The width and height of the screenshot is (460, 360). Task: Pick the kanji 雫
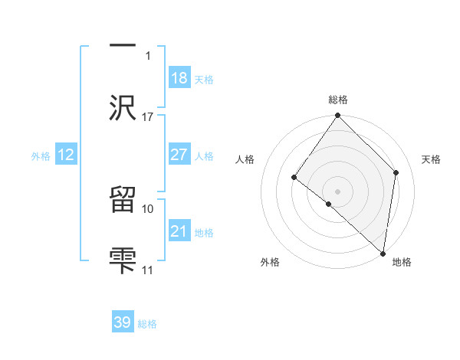tap(123, 259)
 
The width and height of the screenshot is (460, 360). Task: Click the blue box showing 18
tap(179, 77)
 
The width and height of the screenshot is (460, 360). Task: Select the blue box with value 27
tap(179, 154)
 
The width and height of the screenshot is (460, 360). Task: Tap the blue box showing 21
tap(179, 231)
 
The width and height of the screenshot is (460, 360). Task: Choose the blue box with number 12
tap(65, 155)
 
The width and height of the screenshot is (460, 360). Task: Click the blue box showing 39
tap(123, 322)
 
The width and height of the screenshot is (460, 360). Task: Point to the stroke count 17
tap(148, 117)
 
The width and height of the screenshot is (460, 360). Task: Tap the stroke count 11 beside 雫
tap(148, 270)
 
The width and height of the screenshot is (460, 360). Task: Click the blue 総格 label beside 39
tap(147, 324)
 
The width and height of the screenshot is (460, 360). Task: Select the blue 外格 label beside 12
tap(41, 156)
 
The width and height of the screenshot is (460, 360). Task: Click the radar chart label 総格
tap(338, 100)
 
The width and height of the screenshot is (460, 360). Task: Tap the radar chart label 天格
tap(432, 159)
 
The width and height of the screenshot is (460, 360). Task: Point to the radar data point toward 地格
tap(383, 254)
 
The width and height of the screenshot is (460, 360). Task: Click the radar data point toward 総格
tap(338, 116)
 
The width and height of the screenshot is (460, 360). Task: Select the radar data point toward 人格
tap(294, 178)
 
